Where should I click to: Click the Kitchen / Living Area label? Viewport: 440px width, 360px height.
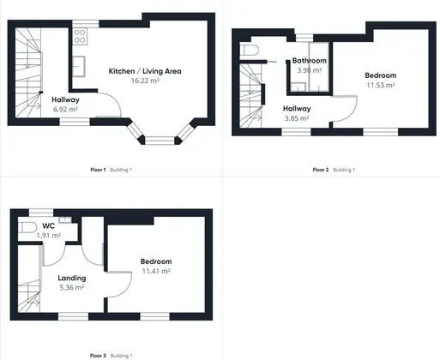point(145,71)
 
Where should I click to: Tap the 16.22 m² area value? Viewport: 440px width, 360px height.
point(145,81)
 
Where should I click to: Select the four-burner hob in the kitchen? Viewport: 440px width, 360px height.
point(80,36)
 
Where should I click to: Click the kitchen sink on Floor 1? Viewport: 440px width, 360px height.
point(79,66)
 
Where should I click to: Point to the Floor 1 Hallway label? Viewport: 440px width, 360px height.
point(65,99)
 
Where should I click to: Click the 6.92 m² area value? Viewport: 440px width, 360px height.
point(65,109)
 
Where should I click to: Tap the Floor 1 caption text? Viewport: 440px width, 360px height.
point(98,170)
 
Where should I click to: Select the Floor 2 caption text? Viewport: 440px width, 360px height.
point(321,170)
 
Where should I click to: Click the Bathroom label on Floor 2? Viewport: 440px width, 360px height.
point(310,61)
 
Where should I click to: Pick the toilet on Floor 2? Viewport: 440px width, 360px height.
point(249,51)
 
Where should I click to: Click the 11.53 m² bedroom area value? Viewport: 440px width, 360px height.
point(381,85)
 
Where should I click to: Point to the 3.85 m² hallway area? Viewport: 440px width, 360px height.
point(297,118)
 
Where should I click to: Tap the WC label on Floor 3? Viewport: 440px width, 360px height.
point(48,226)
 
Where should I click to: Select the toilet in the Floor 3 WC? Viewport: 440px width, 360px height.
point(27,228)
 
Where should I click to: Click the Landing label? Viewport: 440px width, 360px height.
point(72,278)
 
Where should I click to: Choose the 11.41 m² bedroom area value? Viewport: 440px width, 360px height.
point(156,271)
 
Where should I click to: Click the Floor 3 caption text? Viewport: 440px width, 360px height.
point(98,356)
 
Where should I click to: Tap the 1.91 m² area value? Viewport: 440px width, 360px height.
point(49,236)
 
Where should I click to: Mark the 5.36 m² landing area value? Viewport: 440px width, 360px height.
point(72,287)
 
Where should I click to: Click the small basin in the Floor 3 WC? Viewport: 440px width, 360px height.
point(65,219)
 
